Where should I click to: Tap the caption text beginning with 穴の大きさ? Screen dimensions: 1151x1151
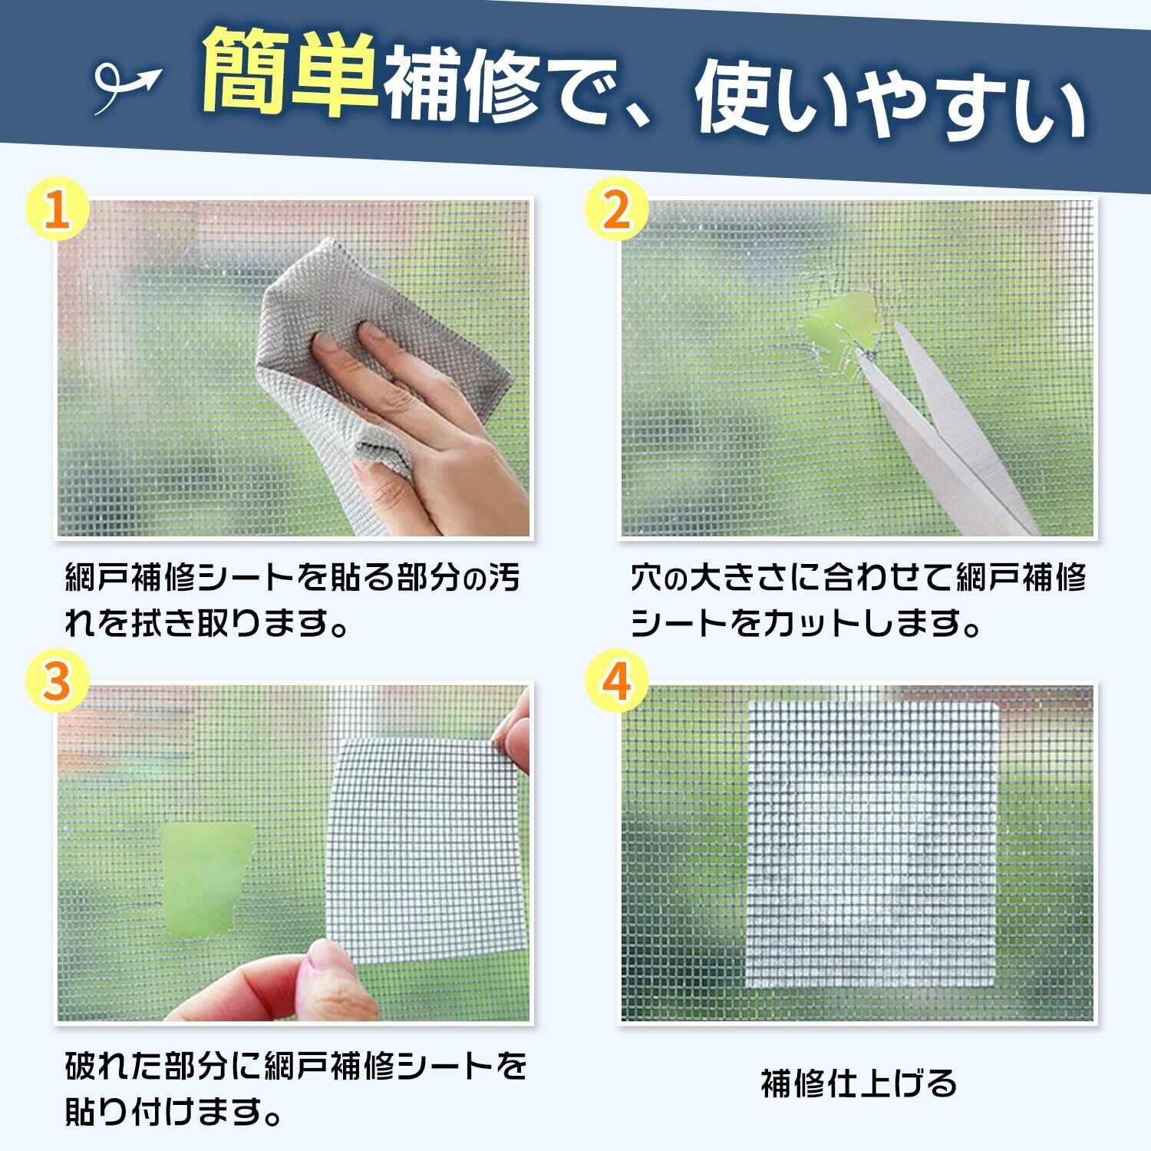(x=859, y=602)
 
